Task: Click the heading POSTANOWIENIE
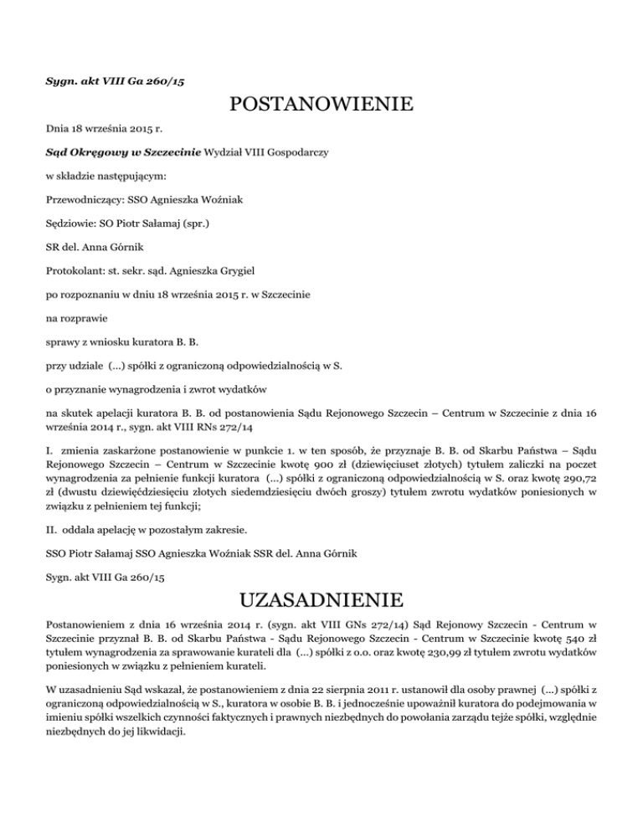(321, 105)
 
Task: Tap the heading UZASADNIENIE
(321, 600)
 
